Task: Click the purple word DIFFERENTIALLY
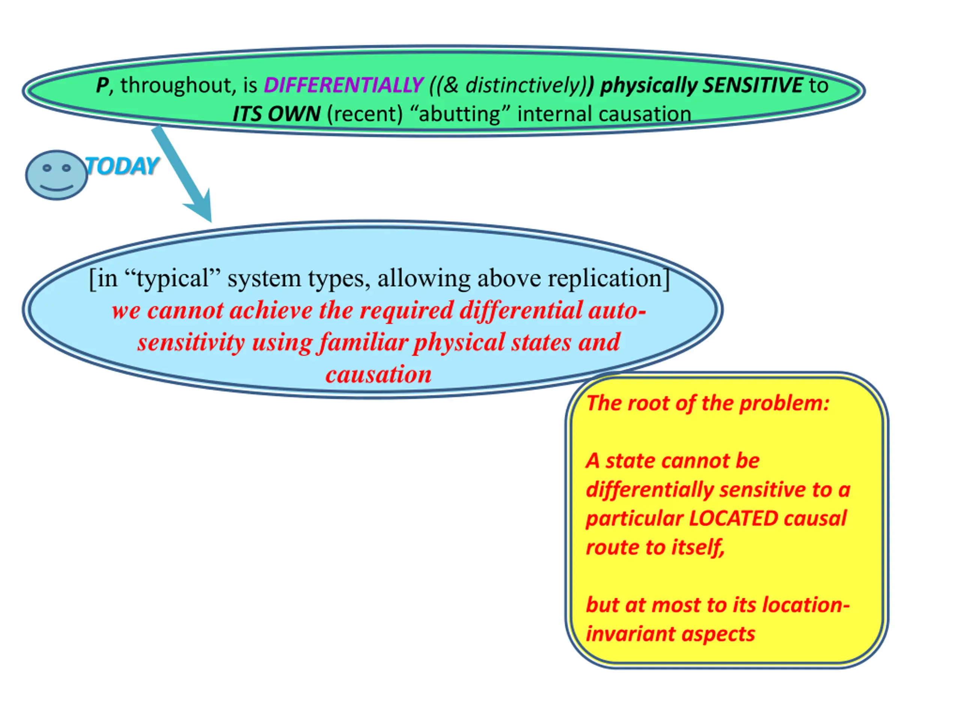[343, 85]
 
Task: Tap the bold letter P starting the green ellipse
[102, 85]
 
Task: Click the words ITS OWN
[276, 114]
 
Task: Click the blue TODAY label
[122, 166]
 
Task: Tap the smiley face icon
[56, 175]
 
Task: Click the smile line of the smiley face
[56, 188]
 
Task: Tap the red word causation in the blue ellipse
[378, 374]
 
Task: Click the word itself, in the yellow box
[698, 547]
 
